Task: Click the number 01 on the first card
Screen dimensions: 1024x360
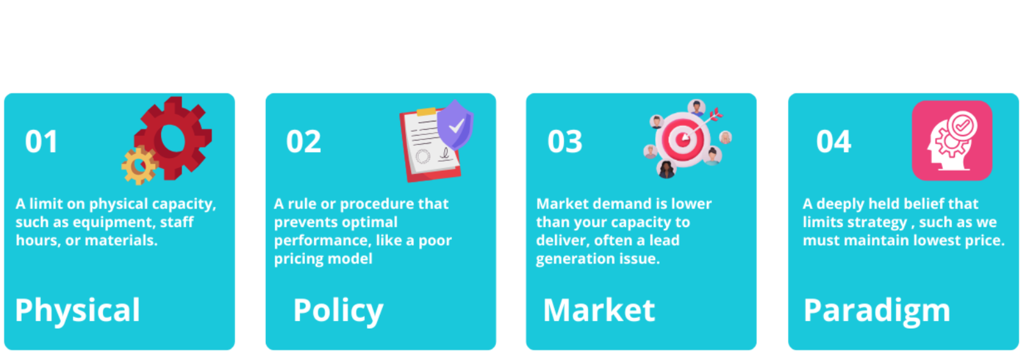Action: coord(41,141)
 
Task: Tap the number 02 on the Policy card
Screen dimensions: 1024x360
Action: coord(304,141)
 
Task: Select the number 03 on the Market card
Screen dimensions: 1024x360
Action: coord(565,141)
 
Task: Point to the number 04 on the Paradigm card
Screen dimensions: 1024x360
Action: coord(834,141)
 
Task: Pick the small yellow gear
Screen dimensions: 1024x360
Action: coord(139,166)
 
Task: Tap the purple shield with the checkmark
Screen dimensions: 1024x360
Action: coord(455,125)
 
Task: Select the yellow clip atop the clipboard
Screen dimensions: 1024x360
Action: coord(426,112)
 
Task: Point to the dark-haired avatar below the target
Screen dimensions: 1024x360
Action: coord(667,169)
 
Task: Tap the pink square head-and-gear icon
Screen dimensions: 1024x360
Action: coord(952,141)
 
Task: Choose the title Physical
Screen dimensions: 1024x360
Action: coord(77,311)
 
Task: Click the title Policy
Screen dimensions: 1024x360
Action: coord(338,311)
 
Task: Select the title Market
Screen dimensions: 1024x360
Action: coord(599,310)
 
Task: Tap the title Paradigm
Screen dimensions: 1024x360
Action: coord(877,311)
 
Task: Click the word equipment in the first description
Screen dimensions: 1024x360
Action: coord(112,223)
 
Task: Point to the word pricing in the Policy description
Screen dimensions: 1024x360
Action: coord(299,259)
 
